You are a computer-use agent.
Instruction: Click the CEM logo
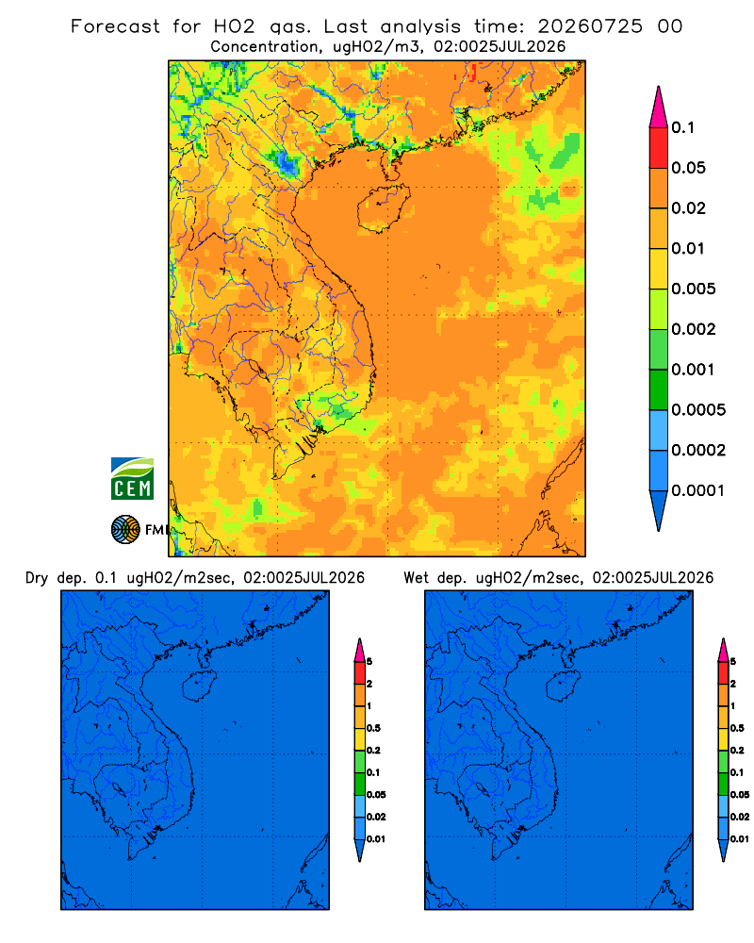tap(132, 479)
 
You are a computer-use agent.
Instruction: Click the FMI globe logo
tap(125, 530)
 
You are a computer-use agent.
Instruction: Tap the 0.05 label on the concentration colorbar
tap(688, 168)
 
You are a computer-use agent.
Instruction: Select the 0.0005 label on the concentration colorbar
tap(698, 410)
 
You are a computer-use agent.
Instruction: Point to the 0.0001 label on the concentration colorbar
tap(698, 490)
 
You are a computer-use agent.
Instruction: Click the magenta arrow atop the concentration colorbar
tap(659, 107)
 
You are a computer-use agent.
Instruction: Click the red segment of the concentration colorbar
tap(659, 147)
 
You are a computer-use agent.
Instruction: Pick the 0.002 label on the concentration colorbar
tap(694, 329)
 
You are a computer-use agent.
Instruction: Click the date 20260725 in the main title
tap(590, 26)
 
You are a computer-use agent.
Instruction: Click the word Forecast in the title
tap(115, 26)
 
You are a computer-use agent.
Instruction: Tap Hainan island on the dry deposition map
tap(199, 687)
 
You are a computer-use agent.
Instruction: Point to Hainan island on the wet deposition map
tap(564, 687)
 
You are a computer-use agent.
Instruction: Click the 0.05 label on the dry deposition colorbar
tap(376, 794)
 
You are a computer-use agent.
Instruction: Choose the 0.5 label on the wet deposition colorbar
tap(737, 728)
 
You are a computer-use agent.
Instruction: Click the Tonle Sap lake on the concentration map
tap(254, 369)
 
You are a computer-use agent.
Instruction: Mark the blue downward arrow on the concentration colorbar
tap(659, 510)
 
